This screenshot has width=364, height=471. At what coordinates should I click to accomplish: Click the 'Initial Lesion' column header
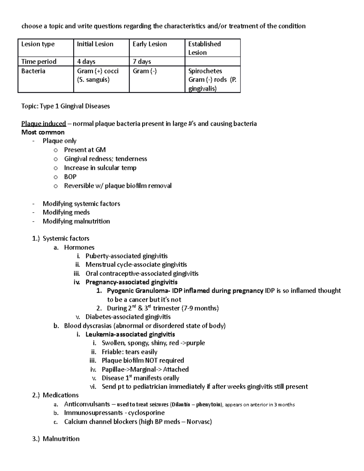click(x=95, y=44)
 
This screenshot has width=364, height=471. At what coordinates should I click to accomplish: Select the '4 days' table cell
click(x=86, y=62)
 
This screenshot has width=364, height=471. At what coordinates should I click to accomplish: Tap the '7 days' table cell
click(x=142, y=62)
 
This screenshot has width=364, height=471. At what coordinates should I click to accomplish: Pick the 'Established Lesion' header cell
click(x=204, y=48)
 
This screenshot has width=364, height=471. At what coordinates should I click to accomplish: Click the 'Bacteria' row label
click(x=33, y=71)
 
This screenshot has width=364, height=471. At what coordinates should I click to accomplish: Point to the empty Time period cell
click(x=212, y=62)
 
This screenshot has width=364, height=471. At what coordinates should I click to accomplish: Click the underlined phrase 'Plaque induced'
click(x=43, y=124)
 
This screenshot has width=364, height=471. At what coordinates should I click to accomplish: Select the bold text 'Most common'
click(x=43, y=132)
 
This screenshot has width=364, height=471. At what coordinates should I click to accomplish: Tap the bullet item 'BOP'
click(x=70, y=177)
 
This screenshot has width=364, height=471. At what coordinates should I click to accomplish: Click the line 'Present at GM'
click(x=85, y=150)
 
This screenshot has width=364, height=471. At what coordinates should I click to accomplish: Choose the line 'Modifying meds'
click(x=66, y=212)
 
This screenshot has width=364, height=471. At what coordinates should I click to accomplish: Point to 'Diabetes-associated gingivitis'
click(x=128, y=317)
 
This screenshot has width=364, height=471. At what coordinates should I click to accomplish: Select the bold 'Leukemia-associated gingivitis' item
click(x=130, y=335)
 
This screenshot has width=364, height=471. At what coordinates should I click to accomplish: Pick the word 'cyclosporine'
click(x=146, y=413)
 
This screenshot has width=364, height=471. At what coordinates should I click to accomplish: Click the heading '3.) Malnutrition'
click(x=56, y=439)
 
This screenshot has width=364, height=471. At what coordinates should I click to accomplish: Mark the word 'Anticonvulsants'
click(x=87, y=404)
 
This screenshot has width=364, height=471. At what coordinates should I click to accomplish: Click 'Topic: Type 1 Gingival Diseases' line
click(x=66, y=106)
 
